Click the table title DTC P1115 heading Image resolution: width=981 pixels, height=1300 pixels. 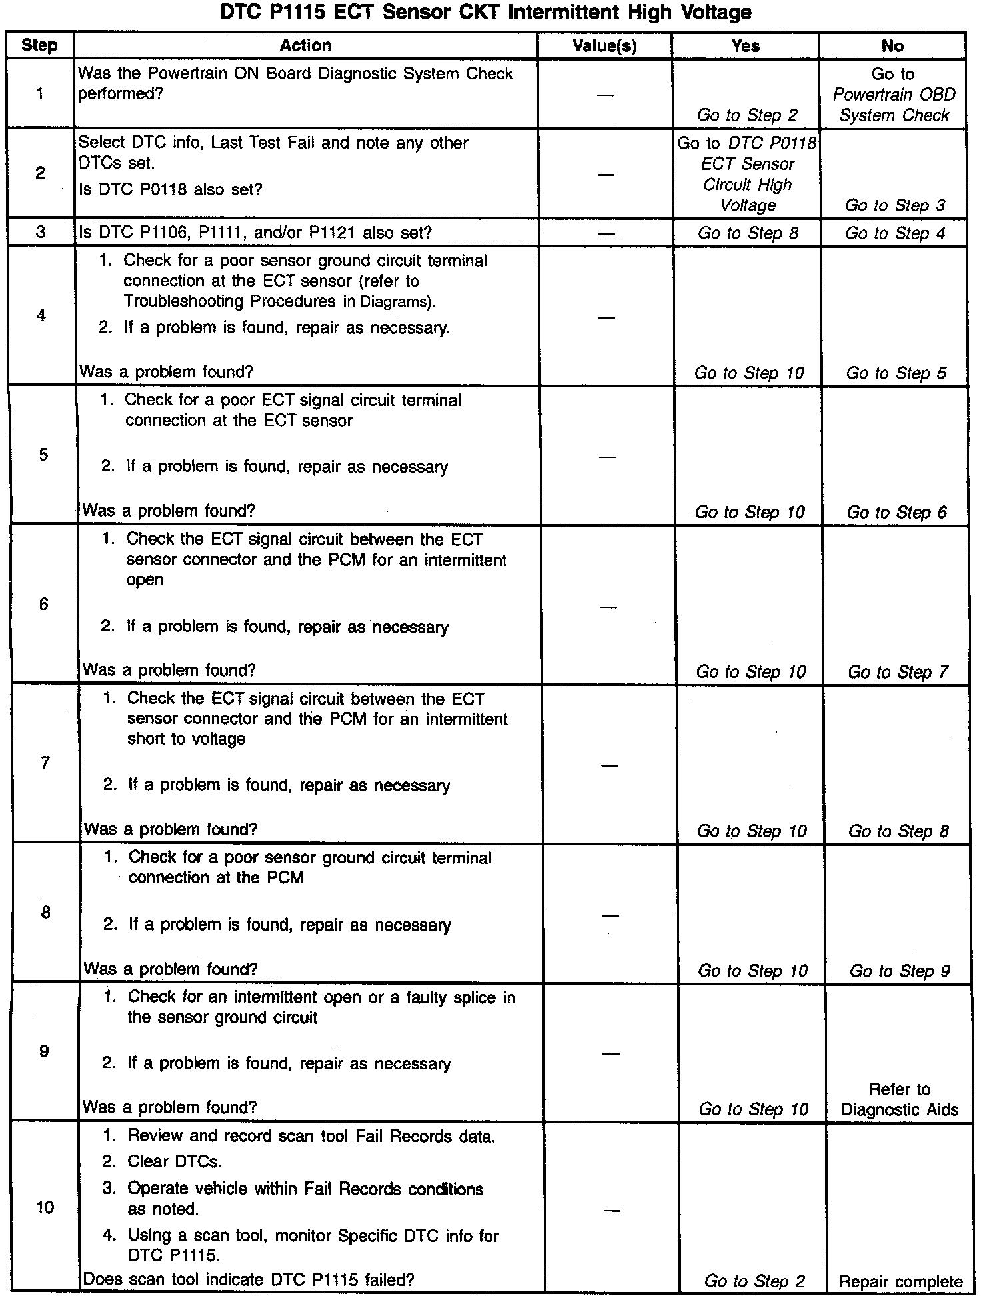[x=486, y=13]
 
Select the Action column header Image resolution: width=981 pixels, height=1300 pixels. [x=305, y=46]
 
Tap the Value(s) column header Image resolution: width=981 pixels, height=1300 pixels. [x=604, y=46]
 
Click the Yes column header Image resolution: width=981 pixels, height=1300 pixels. [x=745, y=46]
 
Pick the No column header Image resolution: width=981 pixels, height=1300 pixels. [x=892, y=46]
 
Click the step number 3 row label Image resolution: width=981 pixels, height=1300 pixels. [x=41, y=233]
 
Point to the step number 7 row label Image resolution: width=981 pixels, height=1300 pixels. [x=45, y=763]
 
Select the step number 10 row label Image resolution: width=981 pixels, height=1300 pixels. [x=45, y=1207]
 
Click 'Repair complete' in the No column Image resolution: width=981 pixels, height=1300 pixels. [x=900, y=1281]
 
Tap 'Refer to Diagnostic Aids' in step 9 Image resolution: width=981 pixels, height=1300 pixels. [x=900, y=1099]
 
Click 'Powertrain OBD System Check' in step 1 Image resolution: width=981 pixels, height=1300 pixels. [x=894, y=105]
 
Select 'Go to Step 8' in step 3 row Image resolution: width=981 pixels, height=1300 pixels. [x=748, y=233]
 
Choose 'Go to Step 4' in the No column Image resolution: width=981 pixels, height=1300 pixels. [x=895, y=233]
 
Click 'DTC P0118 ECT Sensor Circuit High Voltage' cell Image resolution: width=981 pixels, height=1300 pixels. [x=747, y=174]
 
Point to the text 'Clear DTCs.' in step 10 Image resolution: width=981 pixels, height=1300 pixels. [x=175, y=1161]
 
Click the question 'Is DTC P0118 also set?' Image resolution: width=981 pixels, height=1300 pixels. [x=171, y=190]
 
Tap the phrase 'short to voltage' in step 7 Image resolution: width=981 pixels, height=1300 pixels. [x=186, y=739]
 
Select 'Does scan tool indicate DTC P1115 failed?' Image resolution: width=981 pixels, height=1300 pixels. [x=248, y=1280]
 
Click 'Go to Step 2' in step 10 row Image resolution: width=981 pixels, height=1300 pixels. [x=754, y=1281]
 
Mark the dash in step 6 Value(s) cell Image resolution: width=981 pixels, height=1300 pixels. [x=608, y=607]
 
